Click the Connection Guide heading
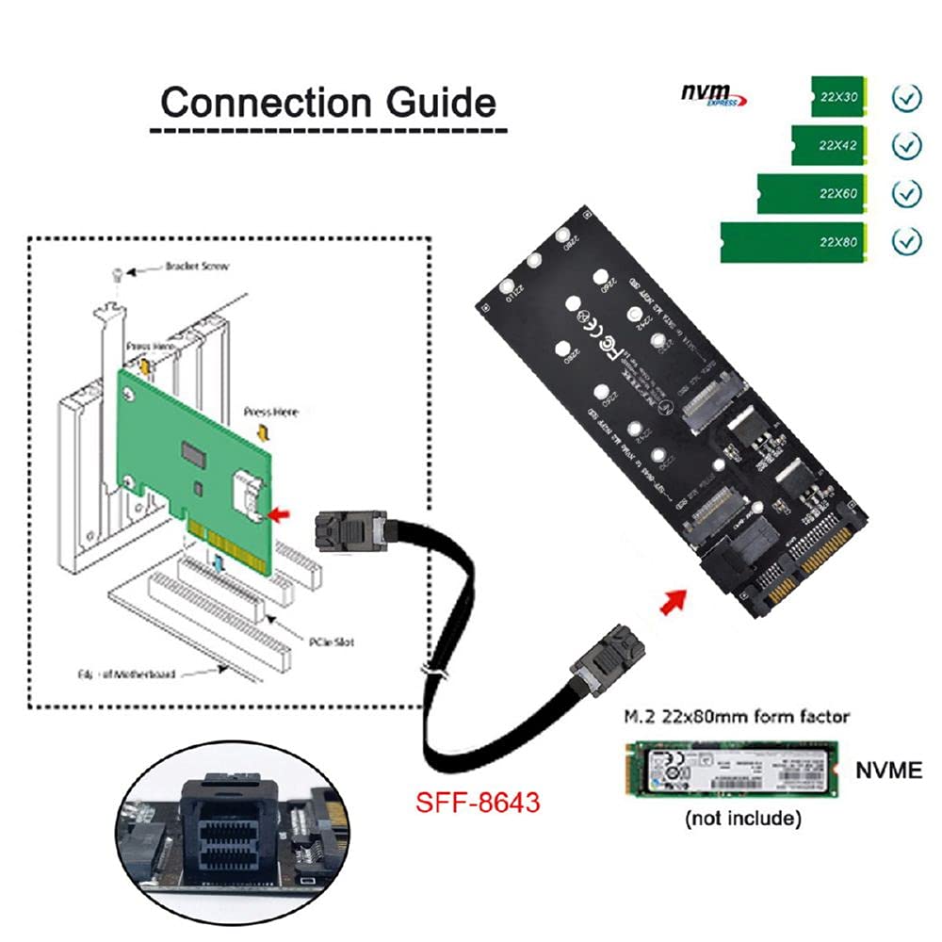328,102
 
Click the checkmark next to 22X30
906,98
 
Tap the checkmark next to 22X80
906,241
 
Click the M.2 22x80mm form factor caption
735,717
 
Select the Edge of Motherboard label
127,674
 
